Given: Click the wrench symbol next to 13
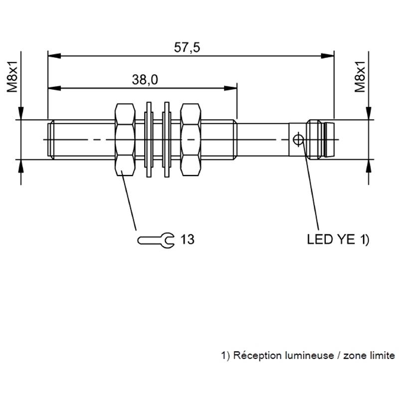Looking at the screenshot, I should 155,240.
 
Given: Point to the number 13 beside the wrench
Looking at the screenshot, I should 187,240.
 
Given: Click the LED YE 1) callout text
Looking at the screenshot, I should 338,240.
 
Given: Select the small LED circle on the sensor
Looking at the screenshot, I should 298,139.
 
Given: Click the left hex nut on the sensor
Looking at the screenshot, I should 124,140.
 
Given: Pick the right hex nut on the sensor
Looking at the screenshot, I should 192,140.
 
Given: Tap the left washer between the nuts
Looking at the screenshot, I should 149,140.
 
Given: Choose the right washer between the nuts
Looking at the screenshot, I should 167,140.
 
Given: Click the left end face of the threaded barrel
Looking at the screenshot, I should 48,140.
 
